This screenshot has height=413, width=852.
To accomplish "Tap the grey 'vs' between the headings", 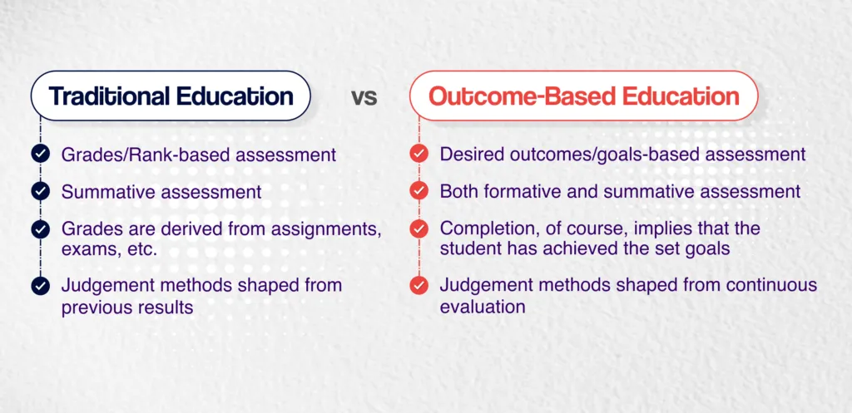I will [x=364, y=97].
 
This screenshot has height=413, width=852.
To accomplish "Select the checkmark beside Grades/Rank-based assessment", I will [x=39, y=154].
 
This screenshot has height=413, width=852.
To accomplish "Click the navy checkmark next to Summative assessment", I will [x=39, y=192].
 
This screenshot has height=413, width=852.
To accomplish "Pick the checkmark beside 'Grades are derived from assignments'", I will [x=39, y=229].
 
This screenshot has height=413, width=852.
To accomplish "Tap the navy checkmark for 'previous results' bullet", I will [x=39, y=286].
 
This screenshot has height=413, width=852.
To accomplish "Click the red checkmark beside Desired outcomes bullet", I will [x=419, y=154].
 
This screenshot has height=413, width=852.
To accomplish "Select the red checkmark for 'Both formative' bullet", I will [x=419, y=192].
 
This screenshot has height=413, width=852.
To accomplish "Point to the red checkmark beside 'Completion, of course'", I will [x=419, y=229].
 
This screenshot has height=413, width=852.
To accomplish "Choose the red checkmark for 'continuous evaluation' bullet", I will [x=419, y=286].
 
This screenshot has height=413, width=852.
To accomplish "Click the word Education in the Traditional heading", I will [x=234, y=96].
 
